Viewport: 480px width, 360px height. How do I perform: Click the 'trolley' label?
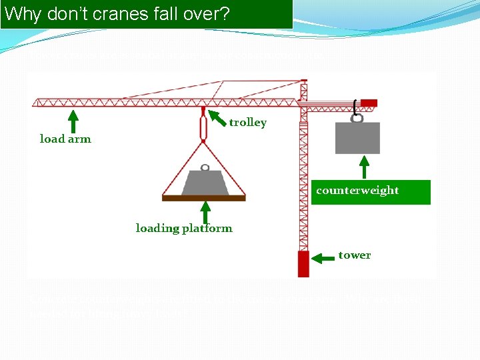point(247,123)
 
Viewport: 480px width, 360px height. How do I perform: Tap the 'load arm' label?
point(65,139)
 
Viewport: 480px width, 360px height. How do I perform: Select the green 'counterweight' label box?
point(370,191)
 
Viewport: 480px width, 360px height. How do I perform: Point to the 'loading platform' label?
point(184,229)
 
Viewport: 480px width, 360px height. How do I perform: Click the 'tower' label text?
point(354,255)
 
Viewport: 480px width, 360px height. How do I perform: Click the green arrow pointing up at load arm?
point(74,121)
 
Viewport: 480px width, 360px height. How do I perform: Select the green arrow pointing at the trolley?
point(217,119)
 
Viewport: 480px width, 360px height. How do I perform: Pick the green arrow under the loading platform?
point(205,212)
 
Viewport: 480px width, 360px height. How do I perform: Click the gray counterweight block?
point(358,138)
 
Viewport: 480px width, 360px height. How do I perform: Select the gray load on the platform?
point(205,183)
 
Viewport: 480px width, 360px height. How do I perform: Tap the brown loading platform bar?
point(204,197)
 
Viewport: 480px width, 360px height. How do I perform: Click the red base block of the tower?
point(303,263)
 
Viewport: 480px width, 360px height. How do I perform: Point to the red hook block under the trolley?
point(203,127)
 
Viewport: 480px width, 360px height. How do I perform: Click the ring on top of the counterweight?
point(357,118)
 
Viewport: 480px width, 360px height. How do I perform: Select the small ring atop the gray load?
point(205,167)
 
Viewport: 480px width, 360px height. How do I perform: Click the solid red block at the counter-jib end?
point(369,103)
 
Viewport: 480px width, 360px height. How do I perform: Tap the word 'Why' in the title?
point(23,14)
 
